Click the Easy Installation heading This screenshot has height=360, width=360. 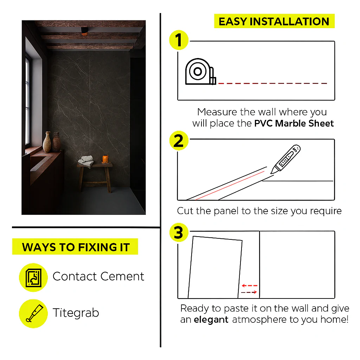click(x=274, y=21)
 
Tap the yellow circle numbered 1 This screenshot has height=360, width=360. click(x=179, y=40)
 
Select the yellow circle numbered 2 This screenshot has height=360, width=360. click(x=179, y=141)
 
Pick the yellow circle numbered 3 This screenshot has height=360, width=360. click(x=179, y=232)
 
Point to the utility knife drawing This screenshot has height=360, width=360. click(x=285, y=159)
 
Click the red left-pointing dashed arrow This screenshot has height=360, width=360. click(x=250, y=285)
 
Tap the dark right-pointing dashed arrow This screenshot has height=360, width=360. click(x=249, y=292)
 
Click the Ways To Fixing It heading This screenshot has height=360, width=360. click(x=75, y=247)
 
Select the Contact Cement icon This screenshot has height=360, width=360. click(x=33, y=278)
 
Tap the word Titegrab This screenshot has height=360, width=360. click(x=76, y=313)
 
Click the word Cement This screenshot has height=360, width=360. click(x=122, y=276)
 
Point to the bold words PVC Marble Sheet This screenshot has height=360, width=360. click(x=294, y=123)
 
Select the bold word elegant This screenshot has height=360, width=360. click(x=211, y=320)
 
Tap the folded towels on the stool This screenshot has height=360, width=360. click(x=86, y=161)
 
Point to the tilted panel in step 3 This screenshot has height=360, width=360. click(x=215, y=267)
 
